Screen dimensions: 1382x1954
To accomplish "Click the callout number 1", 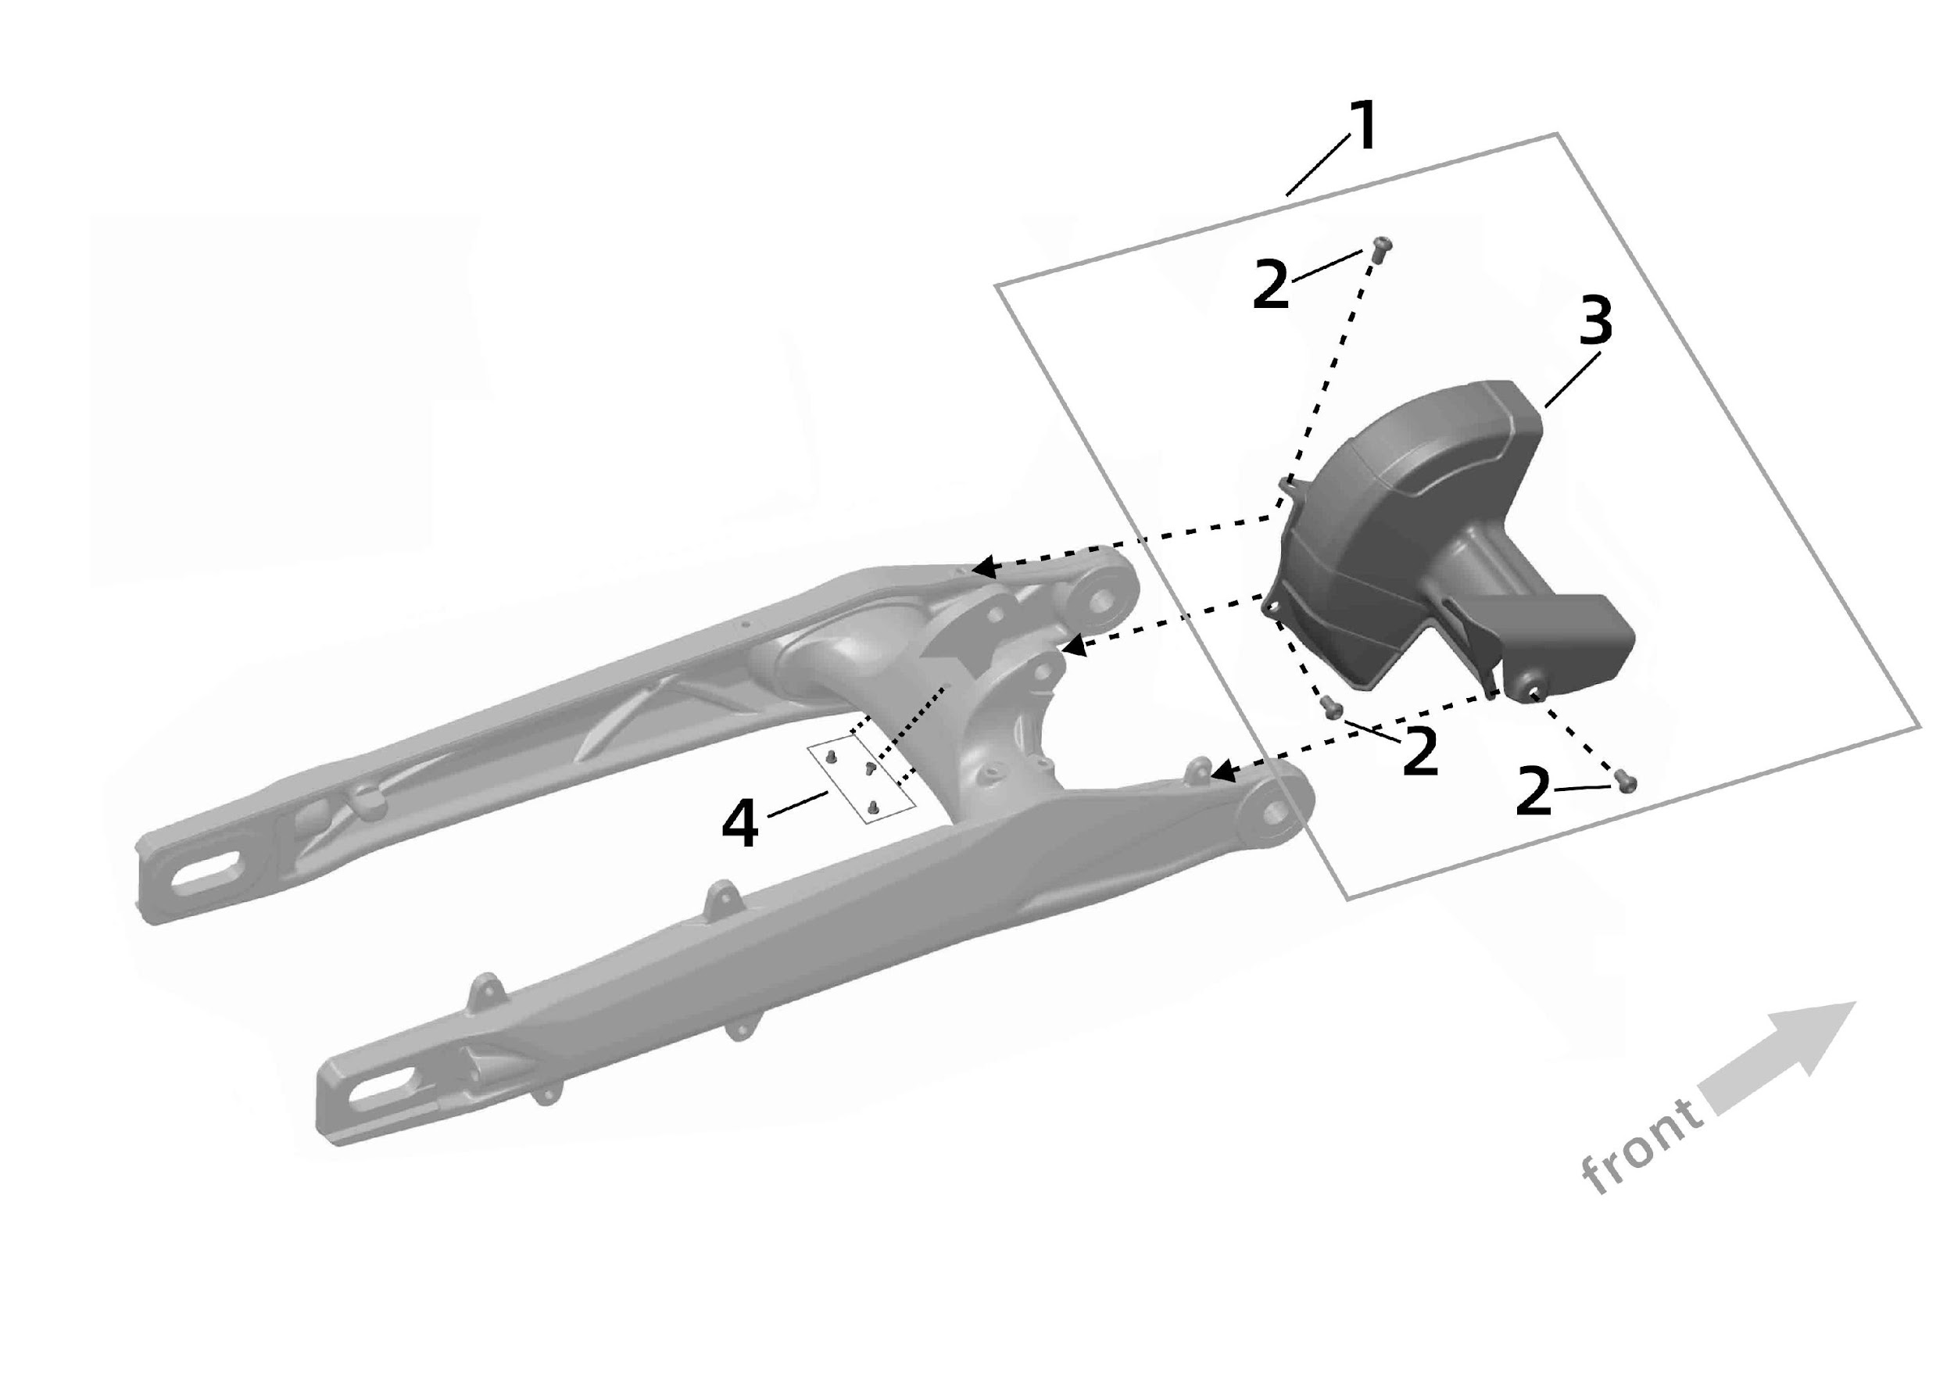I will coord(1363,127).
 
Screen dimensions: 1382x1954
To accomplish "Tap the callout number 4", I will coord(739,825).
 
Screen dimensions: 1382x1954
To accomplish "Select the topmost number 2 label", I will coord(1271,286).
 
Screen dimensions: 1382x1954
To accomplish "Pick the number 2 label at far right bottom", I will coord(1533,794).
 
